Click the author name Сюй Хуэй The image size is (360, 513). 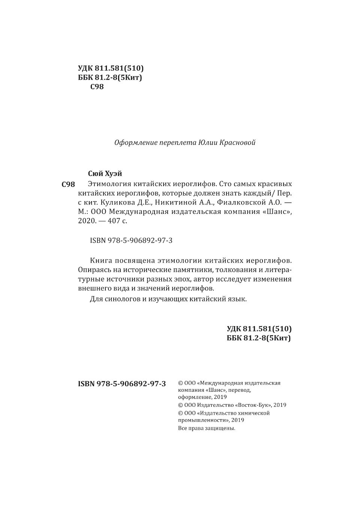105,173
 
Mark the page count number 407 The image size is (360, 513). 114,221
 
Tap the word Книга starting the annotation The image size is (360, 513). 101,260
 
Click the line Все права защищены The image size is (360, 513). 207,428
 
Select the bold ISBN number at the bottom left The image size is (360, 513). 122,384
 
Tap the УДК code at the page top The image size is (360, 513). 111,68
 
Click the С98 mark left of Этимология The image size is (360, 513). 68,184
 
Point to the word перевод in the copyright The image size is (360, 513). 240,390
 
